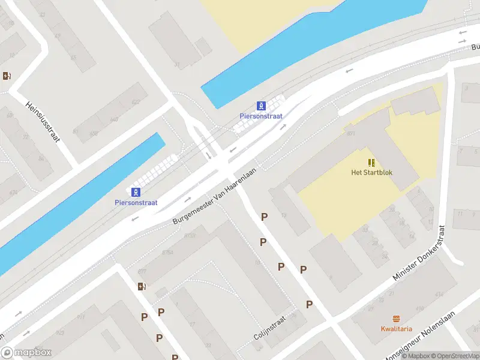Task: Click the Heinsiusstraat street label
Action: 43,121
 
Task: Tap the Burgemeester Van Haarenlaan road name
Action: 214,196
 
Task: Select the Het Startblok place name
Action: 372,173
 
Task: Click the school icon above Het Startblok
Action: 372,162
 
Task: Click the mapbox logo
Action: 26,353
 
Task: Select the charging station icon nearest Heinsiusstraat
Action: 7,76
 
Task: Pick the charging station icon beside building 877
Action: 141,286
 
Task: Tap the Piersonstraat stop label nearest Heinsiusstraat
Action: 136,203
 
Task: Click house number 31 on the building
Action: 176,64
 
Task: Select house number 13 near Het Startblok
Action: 283,214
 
